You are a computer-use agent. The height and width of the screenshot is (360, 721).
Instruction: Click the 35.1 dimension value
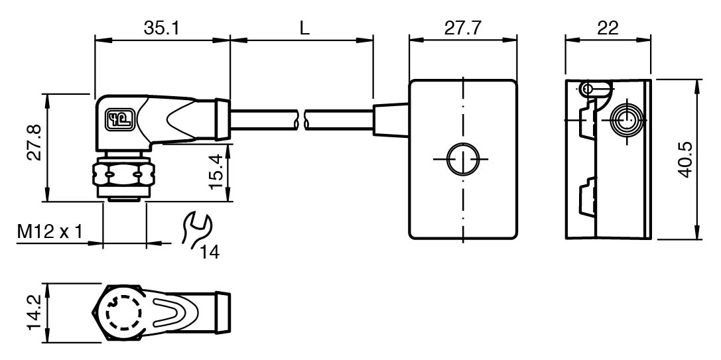coord(162,28)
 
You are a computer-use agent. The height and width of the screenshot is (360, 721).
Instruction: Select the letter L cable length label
coord(304,28)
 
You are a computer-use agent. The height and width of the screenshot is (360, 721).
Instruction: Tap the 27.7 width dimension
coord(462,28)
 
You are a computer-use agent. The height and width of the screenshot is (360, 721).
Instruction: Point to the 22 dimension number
coord(607,28)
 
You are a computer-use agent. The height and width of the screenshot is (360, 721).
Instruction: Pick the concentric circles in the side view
coord(625,120)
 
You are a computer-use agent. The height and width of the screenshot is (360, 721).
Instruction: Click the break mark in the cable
coord(303,121)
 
